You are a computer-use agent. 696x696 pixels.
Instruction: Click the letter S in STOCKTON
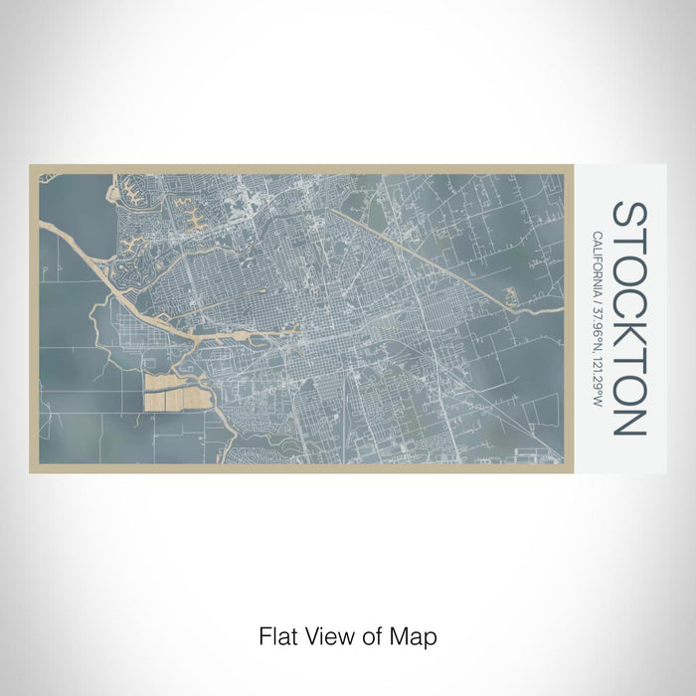click(628, 215)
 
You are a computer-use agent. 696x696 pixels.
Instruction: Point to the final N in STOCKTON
click(628, 420)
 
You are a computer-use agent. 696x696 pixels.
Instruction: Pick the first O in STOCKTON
click(628, 265)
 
